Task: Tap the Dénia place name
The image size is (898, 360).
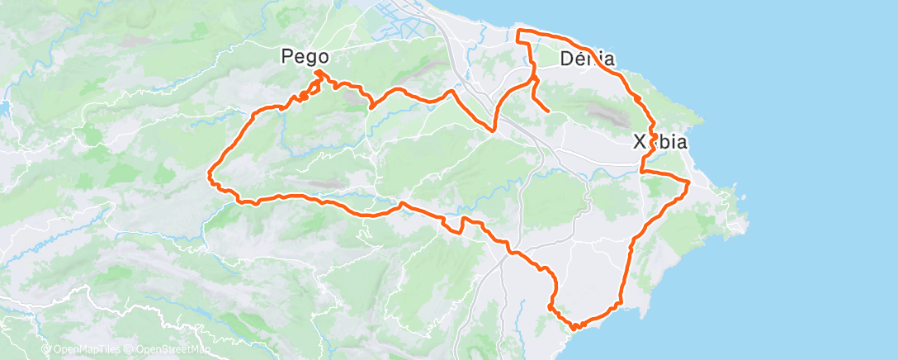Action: coord(588,59)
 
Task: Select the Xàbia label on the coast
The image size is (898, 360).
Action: coord(659,142)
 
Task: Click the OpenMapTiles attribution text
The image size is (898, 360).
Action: coord(86,349)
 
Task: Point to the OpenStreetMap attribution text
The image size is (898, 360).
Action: coord(173,349)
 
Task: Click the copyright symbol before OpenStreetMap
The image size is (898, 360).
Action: coord(130,349)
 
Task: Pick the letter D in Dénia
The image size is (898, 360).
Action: coord(567,59)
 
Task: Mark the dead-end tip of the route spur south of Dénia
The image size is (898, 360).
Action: coord(549,111)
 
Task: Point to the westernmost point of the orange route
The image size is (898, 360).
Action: coord(209,174)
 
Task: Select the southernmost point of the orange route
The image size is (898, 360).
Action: coord(574,329)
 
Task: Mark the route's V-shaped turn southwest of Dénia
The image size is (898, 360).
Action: coord(494,130)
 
